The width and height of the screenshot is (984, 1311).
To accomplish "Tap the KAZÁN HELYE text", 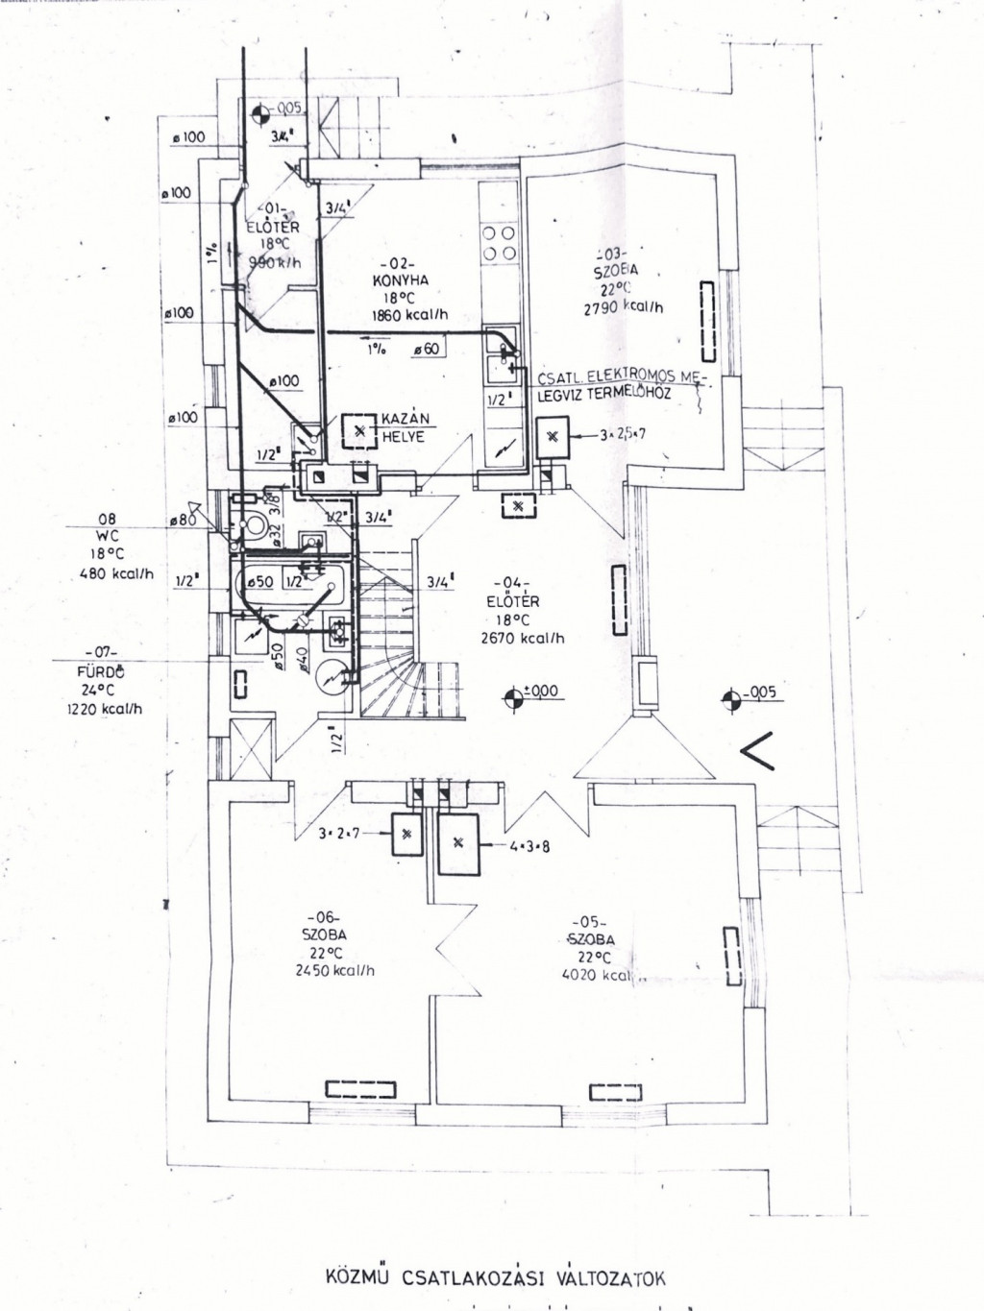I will click(x=405, y=427).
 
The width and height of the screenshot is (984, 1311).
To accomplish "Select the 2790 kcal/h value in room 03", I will click(x=623, y=308).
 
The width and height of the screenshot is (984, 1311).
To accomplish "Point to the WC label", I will click(x=108, y=536).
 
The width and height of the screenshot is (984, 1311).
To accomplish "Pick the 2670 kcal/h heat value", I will click(x=523, y=638).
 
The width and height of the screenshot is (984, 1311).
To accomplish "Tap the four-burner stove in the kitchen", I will click(x=499, y=242).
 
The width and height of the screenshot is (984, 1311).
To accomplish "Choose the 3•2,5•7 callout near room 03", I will click(x=623, y=435).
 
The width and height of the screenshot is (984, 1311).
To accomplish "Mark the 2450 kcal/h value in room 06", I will click(x=335, y=970).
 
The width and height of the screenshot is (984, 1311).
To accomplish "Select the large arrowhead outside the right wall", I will click(x=759, y=749).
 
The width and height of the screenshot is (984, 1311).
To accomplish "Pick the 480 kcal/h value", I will click(x=116, y=574).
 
